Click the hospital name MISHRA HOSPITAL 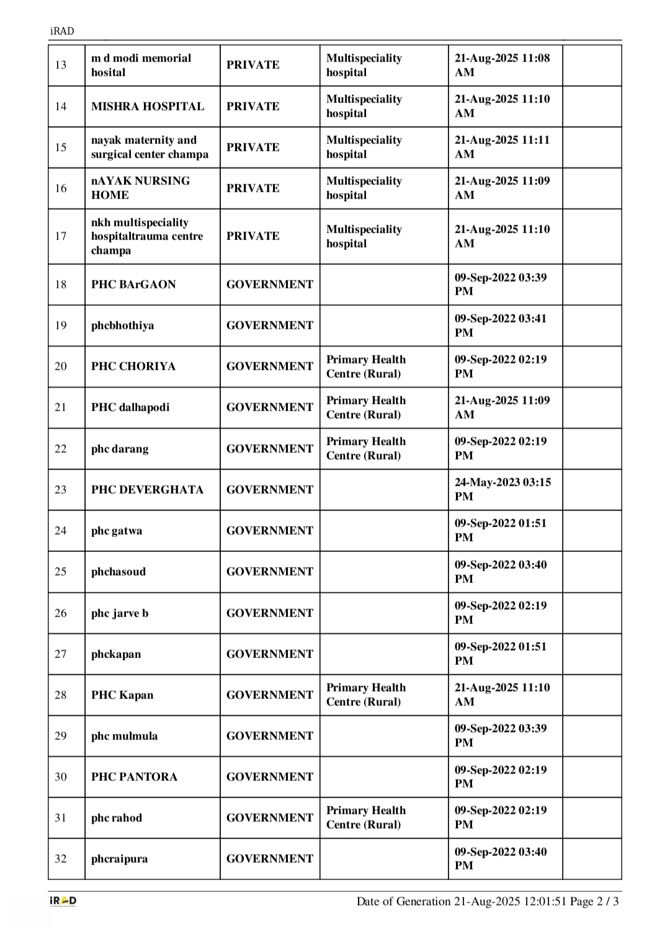148,106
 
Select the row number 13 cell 61,65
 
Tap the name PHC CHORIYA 133,367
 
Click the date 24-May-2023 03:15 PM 502,489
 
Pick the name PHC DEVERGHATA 147,490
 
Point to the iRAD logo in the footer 63,901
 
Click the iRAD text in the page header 61,31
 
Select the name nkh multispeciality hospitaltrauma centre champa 147,236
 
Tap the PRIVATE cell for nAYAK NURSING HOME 253,188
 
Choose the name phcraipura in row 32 119,859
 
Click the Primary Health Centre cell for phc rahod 366,817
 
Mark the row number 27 61,654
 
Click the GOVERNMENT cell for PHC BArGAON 270,284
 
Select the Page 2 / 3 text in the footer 595,901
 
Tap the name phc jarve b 120,613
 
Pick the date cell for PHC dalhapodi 502,407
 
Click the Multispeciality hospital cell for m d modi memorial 364,65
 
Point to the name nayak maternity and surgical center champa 150,147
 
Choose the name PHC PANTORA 134,776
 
